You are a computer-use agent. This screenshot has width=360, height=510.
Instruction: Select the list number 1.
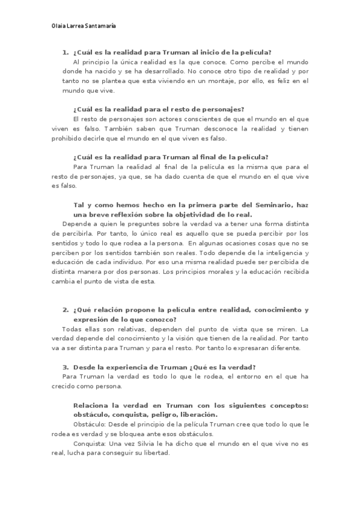click(65, 52)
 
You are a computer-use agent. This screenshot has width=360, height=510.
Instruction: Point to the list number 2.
click(65, 310)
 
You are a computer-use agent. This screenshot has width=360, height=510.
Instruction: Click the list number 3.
click(65, 367)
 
